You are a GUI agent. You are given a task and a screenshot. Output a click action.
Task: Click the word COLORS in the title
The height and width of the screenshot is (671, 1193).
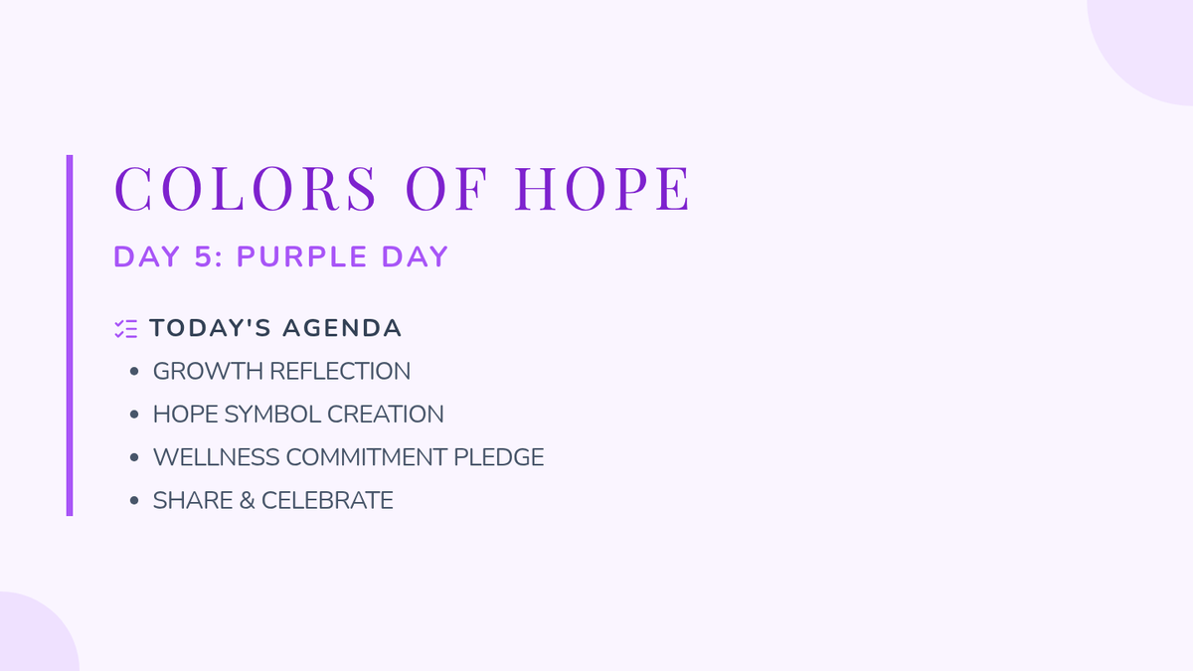click(245, 189)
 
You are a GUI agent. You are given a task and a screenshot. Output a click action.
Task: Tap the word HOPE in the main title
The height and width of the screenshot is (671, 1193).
click(602, 189)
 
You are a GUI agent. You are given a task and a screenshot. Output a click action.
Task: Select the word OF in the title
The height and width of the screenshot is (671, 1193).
click(446, 189)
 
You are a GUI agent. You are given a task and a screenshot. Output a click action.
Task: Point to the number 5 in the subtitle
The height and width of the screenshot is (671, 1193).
click(204, 256)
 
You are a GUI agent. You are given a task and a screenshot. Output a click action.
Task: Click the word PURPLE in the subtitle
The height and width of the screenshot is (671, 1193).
click(302, 256)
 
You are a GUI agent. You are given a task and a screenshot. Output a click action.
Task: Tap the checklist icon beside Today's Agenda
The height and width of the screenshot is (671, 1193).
click(125, 329)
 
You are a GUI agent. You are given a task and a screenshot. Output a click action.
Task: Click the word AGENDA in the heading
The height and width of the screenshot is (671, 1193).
click(342, 328)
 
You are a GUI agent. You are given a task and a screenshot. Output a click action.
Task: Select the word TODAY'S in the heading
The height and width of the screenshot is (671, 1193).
click(211, 328)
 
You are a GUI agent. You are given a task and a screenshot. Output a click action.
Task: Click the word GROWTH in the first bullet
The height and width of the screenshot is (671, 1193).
click(208, 371)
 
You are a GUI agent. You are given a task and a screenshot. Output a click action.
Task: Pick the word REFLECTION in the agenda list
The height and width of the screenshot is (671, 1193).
click(340, 371)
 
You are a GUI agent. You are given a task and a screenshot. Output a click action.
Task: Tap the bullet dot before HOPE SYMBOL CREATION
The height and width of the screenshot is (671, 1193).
click(134, 415)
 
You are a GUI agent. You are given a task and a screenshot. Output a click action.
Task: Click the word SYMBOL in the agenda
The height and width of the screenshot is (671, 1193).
click(272, 415)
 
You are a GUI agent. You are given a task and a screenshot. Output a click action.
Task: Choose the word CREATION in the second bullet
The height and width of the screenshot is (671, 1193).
click(386, 415)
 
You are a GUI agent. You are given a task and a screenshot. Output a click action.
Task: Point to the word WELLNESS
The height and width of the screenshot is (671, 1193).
click(217, 457)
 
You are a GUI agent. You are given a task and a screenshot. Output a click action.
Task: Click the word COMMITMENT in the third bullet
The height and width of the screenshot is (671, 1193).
click(367, 457)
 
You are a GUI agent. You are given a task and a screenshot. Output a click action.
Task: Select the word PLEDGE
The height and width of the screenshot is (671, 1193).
click(498, 457)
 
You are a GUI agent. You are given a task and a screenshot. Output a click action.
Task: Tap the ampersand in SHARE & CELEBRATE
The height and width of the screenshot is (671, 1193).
click(248, 501)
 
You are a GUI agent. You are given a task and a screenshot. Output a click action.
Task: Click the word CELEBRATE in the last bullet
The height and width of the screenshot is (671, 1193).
click(327, 501)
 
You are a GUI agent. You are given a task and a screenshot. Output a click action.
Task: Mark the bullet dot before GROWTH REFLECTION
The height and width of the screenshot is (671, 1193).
click(134, 371)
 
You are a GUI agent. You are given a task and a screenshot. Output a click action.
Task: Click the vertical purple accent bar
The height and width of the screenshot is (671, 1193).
click(70, 336)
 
